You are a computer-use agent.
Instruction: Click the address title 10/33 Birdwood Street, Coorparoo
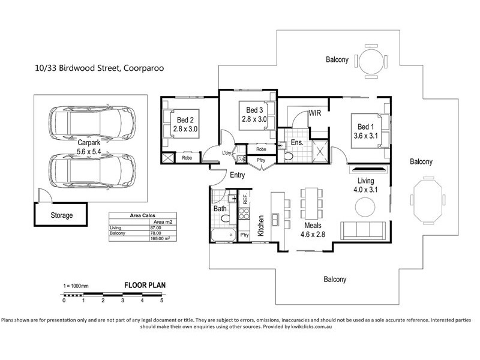coord(99,68)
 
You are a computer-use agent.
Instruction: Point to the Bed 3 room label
coord(254,114)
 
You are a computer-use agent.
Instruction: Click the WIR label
coord(316,113)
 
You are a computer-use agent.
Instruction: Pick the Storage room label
coord(61,215)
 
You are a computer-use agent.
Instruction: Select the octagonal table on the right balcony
coord(427,201)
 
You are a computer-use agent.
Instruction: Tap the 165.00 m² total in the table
coord(159,238)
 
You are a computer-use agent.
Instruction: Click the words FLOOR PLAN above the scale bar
coord(145,286)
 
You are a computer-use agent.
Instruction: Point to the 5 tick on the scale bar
coord(161,299)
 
